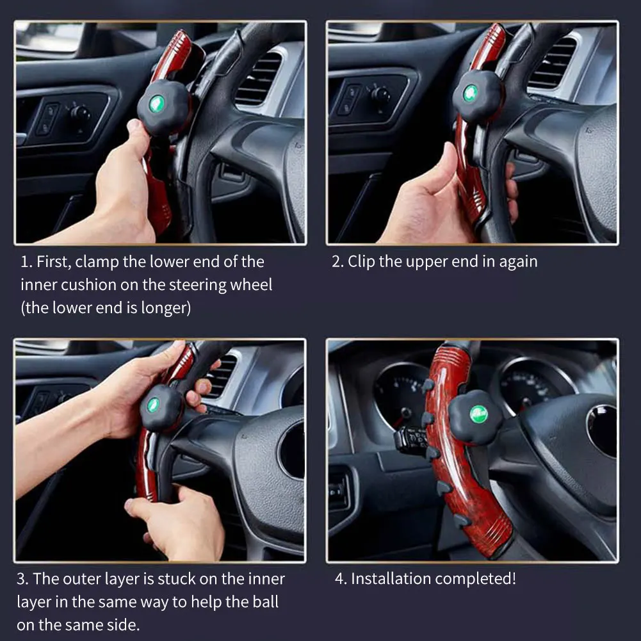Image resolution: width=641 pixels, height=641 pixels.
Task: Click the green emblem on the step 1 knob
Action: point(157,104)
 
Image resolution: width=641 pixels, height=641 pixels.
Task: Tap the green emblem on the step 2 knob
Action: point(471,93)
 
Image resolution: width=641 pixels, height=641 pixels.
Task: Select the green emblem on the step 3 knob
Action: point(153,405)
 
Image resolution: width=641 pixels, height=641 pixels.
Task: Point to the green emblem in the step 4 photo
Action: point(478,414)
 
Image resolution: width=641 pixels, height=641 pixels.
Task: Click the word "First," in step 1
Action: point(55,262)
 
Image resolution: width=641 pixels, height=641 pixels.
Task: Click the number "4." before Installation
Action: point(341,579)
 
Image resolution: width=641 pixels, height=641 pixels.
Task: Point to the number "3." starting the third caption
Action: point(23,579)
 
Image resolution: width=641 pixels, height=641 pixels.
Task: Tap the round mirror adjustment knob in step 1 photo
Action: point(80,113)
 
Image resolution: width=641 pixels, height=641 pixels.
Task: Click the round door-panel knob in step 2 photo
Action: point(380,94)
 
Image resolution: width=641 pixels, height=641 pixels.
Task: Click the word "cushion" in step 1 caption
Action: point(88,285)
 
